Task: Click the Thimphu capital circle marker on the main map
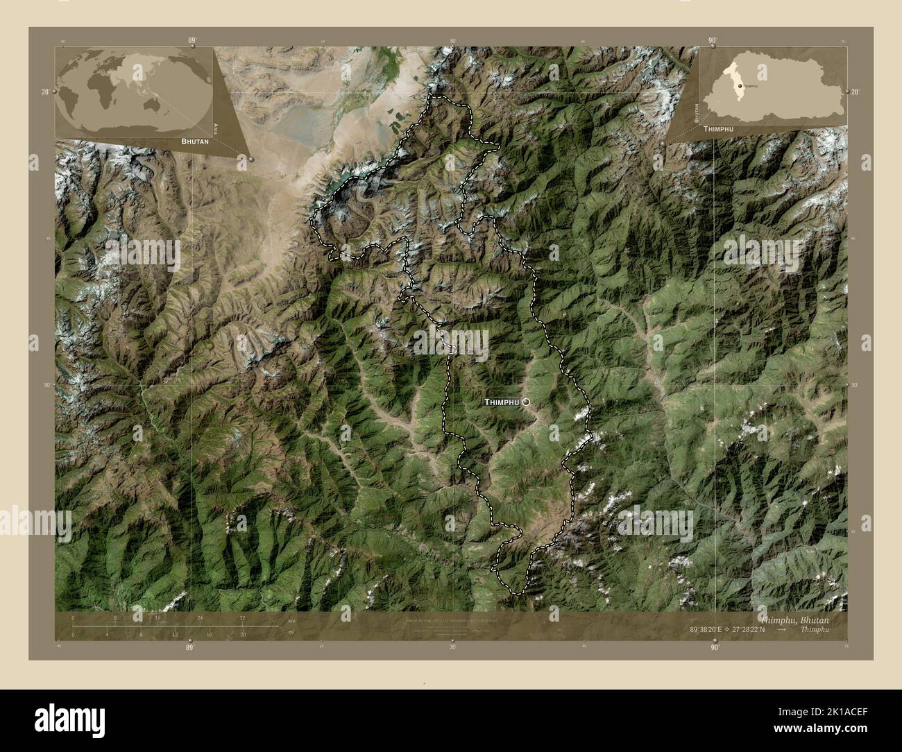(527, 402)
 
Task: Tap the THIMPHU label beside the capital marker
(501, 402)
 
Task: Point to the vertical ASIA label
(216, 128)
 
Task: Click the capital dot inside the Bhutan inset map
(740, 86)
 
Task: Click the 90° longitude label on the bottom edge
(714, 647)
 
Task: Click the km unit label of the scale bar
(291, 619)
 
